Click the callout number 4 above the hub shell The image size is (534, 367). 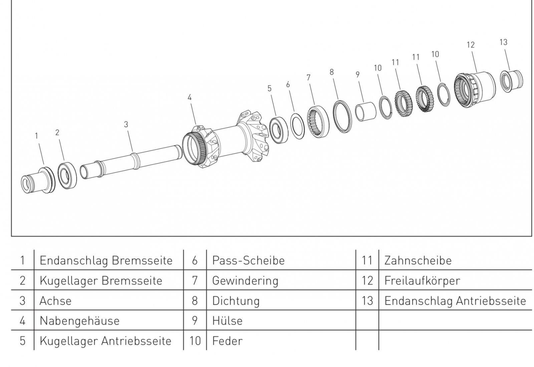tap(190, 97)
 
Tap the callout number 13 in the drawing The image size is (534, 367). tap(503, 42)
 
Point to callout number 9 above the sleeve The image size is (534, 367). tap(357, 75)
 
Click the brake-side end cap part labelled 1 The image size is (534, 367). tap(38, 180)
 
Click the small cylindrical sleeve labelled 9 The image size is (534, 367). tap(365, 112)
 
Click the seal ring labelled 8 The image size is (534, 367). tap(342, 116)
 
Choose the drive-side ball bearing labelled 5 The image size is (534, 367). tap(278, 129)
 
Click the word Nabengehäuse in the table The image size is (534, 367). tap(79, 321)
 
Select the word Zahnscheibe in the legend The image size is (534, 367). tap(418, 260)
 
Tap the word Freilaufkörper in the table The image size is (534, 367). tap(422, 281)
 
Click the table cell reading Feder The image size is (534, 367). tap(227, 341)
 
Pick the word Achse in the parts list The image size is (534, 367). tap(55, 301)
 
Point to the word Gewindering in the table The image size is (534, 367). tap(245, 281)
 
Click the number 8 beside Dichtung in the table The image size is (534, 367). tap(195, 301)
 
